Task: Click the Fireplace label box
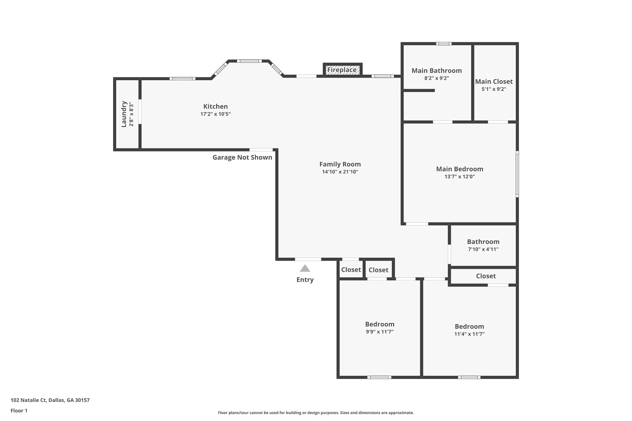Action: coord(342,70)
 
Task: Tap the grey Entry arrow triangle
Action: coord(305,268)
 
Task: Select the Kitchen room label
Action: coord(215,106)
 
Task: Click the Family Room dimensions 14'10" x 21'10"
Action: coord(340,172)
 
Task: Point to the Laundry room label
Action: coord(124,114)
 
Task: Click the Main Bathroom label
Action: coord(436,71)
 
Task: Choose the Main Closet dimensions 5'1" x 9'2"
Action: coord(494,89)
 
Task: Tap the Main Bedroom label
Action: coord(459,169)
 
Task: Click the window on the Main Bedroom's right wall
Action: coord(517,174)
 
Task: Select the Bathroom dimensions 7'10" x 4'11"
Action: coord(483,249)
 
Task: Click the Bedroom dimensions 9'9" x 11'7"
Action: coord(380,332)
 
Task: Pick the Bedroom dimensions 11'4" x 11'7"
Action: coord(469,334)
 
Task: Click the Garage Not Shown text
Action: coord(242,158)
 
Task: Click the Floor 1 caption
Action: coord(19,411)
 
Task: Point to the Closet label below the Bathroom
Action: coord(486,276)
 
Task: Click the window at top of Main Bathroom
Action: coord(444,43)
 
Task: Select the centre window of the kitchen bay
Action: coord(249,61)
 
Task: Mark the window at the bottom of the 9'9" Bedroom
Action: coord(379,377)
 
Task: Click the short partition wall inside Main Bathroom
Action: coord(419,90)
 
